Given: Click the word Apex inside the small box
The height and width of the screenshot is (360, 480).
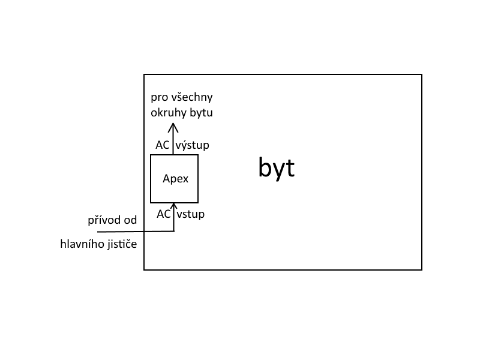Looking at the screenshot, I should pos(175,179).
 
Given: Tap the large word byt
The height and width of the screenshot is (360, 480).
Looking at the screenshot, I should pos(277,168).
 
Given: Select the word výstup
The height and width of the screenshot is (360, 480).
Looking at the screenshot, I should pos(193,145).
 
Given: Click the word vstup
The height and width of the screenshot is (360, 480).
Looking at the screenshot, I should pos(190,214).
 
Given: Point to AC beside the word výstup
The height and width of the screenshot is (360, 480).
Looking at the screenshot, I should pos(162,145).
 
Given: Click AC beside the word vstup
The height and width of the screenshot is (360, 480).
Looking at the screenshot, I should pos(164,214).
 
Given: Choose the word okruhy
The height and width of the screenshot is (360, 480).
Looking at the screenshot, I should pos(166,112).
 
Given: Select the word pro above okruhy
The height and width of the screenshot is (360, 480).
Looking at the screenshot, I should pos(159,97).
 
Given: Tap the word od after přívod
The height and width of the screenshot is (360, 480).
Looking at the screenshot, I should pos(130,220).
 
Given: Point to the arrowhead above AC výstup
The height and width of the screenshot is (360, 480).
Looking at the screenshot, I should pos(173,127).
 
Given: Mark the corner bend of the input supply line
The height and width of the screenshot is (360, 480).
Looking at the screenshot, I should pos(173,231).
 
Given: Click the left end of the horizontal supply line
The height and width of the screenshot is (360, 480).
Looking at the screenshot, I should pos(98,232).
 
